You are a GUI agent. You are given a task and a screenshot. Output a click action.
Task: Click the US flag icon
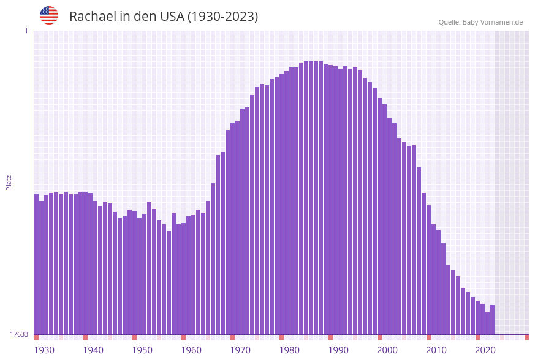pos(49,15)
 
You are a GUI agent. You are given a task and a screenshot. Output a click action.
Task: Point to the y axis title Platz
pos(9,182)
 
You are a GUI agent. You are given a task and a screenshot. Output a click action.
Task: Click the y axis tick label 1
pos(26,31)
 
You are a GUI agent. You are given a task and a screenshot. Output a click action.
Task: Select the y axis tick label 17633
pos(18,334)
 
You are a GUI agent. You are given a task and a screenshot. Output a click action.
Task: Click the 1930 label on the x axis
pos(44,350)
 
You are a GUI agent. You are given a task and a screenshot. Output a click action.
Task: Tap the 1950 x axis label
pos(142,350)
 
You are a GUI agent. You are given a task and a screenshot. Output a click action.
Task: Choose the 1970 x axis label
pos(240,350)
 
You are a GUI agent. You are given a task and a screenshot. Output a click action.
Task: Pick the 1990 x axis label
pos(338,350)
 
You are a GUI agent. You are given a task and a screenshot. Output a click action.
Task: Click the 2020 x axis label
pos(485,350)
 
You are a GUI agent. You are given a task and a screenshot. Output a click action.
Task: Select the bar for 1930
pos(36,264)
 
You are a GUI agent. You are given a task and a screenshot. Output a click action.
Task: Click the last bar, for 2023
pos(492,320)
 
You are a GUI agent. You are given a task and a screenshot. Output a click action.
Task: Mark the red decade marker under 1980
pos(281,337)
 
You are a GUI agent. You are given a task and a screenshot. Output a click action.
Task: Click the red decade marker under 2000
pos(379,337)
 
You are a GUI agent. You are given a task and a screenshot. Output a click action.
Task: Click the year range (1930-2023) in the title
pos(222,17)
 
